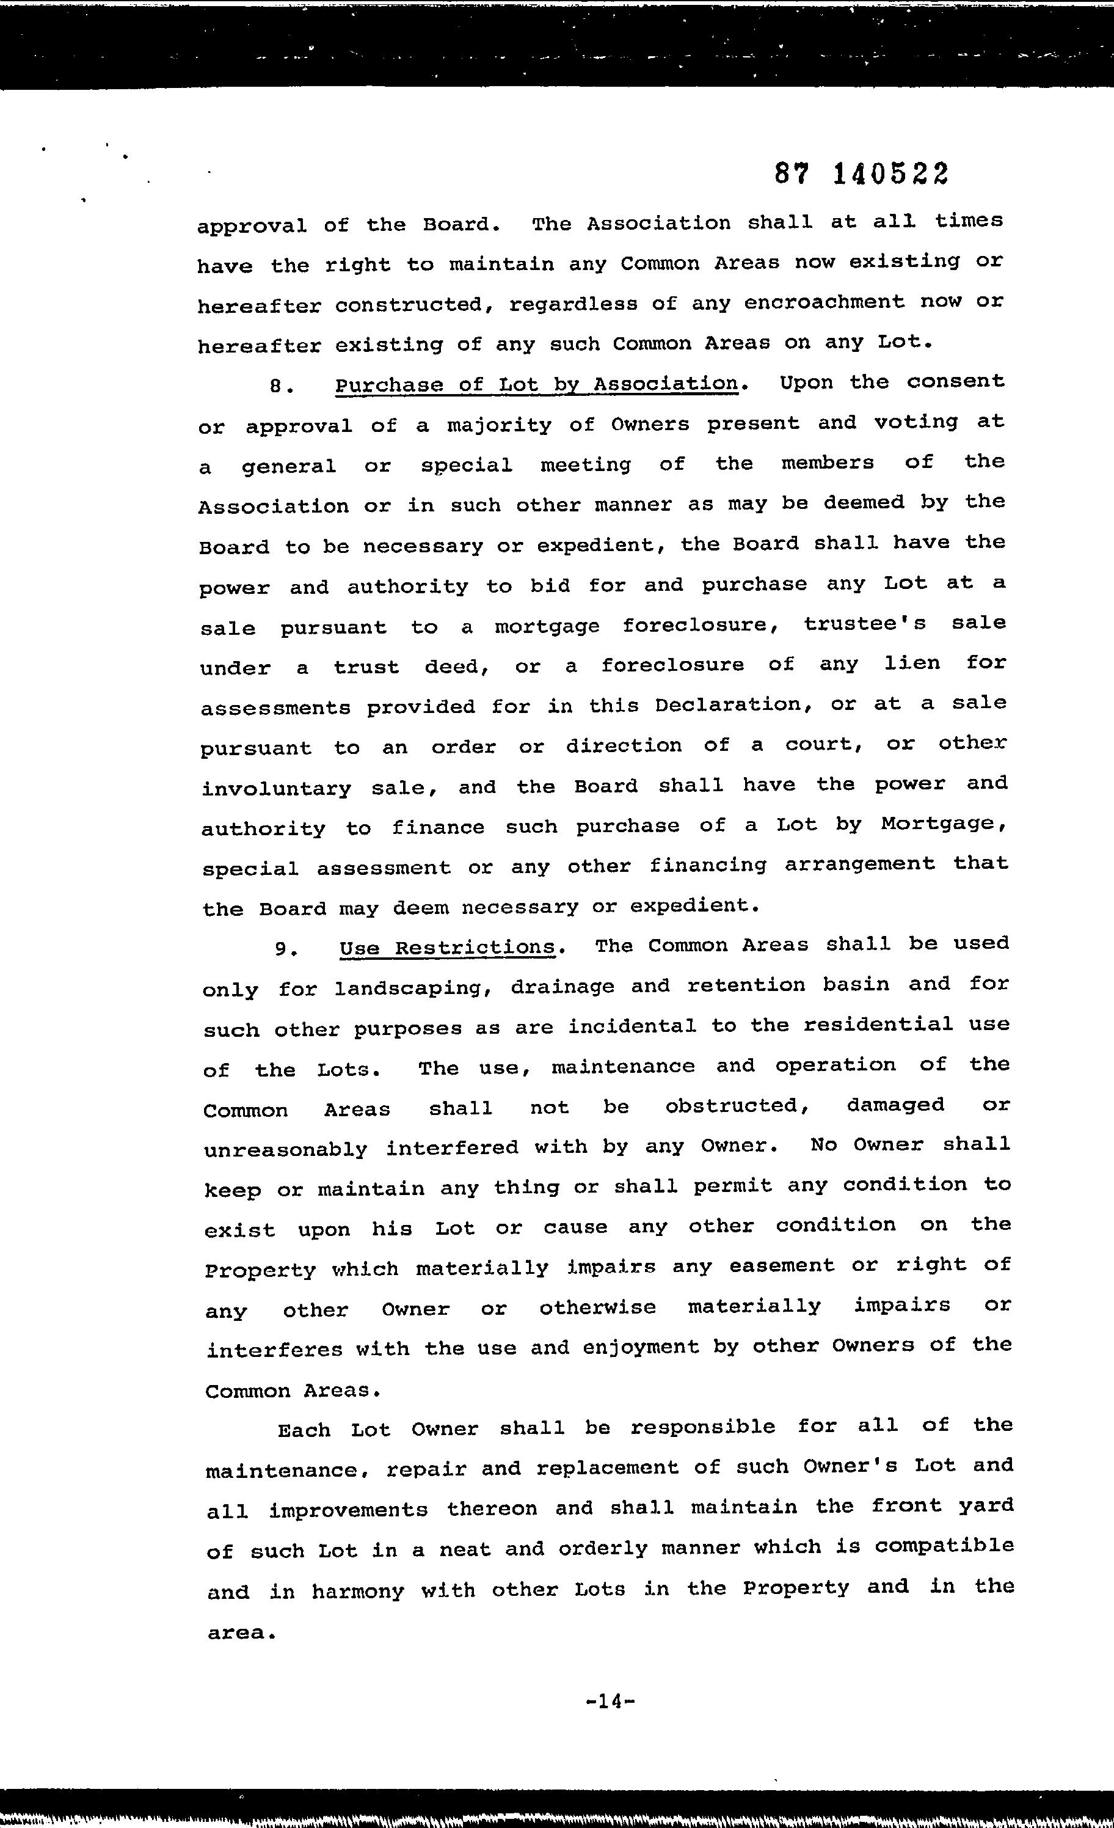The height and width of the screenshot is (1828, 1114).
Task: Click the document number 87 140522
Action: point(861,174)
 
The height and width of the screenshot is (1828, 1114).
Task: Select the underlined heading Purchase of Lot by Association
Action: point(536,384)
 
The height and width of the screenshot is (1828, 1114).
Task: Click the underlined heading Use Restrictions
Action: point(447,948)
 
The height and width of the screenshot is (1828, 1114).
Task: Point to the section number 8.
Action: point(277,387)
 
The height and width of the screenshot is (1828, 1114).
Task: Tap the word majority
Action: point(499,426)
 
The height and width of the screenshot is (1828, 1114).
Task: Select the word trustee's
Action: point(865,624)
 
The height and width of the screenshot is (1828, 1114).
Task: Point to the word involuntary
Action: point(277,789)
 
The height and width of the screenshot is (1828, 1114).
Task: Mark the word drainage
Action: point(562,987)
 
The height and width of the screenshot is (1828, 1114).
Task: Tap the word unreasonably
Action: point(286,1149)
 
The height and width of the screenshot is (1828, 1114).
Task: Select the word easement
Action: point(782,1266)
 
